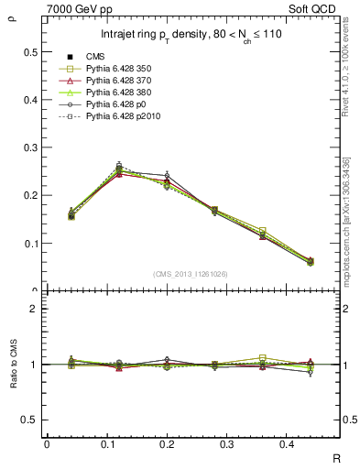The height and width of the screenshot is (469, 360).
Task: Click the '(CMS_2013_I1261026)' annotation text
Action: tap(190, 273)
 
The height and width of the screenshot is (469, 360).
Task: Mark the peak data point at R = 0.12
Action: tap(119, 168)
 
